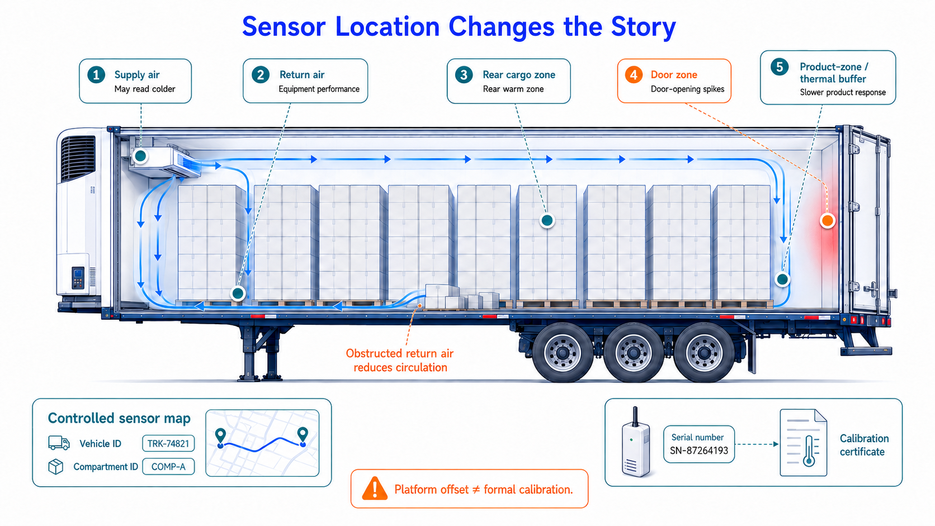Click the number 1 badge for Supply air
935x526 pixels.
96,75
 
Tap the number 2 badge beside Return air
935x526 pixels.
261,75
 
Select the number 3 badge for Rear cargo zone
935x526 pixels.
464,75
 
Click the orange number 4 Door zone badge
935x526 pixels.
634,75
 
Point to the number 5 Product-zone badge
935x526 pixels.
780,67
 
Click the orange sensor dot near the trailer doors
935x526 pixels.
827,220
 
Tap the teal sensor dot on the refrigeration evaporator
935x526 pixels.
141,156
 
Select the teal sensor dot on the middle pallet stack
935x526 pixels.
547,220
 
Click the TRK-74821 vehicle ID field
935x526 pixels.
168,443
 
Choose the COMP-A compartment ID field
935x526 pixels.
168,466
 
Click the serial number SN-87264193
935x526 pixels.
699,451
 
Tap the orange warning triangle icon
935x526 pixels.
375,489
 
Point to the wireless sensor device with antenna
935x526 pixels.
636,442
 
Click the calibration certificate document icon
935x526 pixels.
804,443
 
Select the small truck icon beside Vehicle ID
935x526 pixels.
59,443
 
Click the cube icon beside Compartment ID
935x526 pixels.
56,467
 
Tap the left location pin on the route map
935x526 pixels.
220,437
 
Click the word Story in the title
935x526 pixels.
643,27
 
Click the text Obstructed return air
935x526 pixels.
399,353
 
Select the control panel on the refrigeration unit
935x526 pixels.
78,278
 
